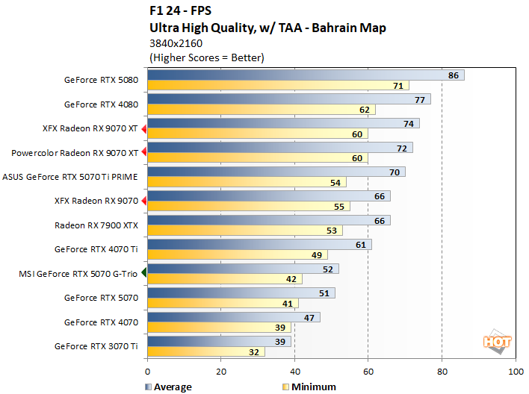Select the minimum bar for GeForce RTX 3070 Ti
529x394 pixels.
(206, 351)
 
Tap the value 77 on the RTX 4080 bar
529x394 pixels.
(419, 99)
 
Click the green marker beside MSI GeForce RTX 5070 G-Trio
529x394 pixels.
(144, 275)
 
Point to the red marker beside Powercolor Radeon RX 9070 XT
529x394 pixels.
(144, 153)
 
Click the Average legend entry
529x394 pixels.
(168, 387)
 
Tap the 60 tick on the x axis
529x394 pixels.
(368, 371)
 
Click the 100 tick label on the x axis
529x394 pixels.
(515, 371)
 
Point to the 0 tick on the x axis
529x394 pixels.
(148, 371)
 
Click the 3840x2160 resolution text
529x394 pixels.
(177, 43)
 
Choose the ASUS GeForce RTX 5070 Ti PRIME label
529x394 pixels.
(70, 178)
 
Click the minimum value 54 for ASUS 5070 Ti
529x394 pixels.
(335, 182)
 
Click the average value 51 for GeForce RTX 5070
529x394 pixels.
(324, 293)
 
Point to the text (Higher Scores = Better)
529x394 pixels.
(207, 57)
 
